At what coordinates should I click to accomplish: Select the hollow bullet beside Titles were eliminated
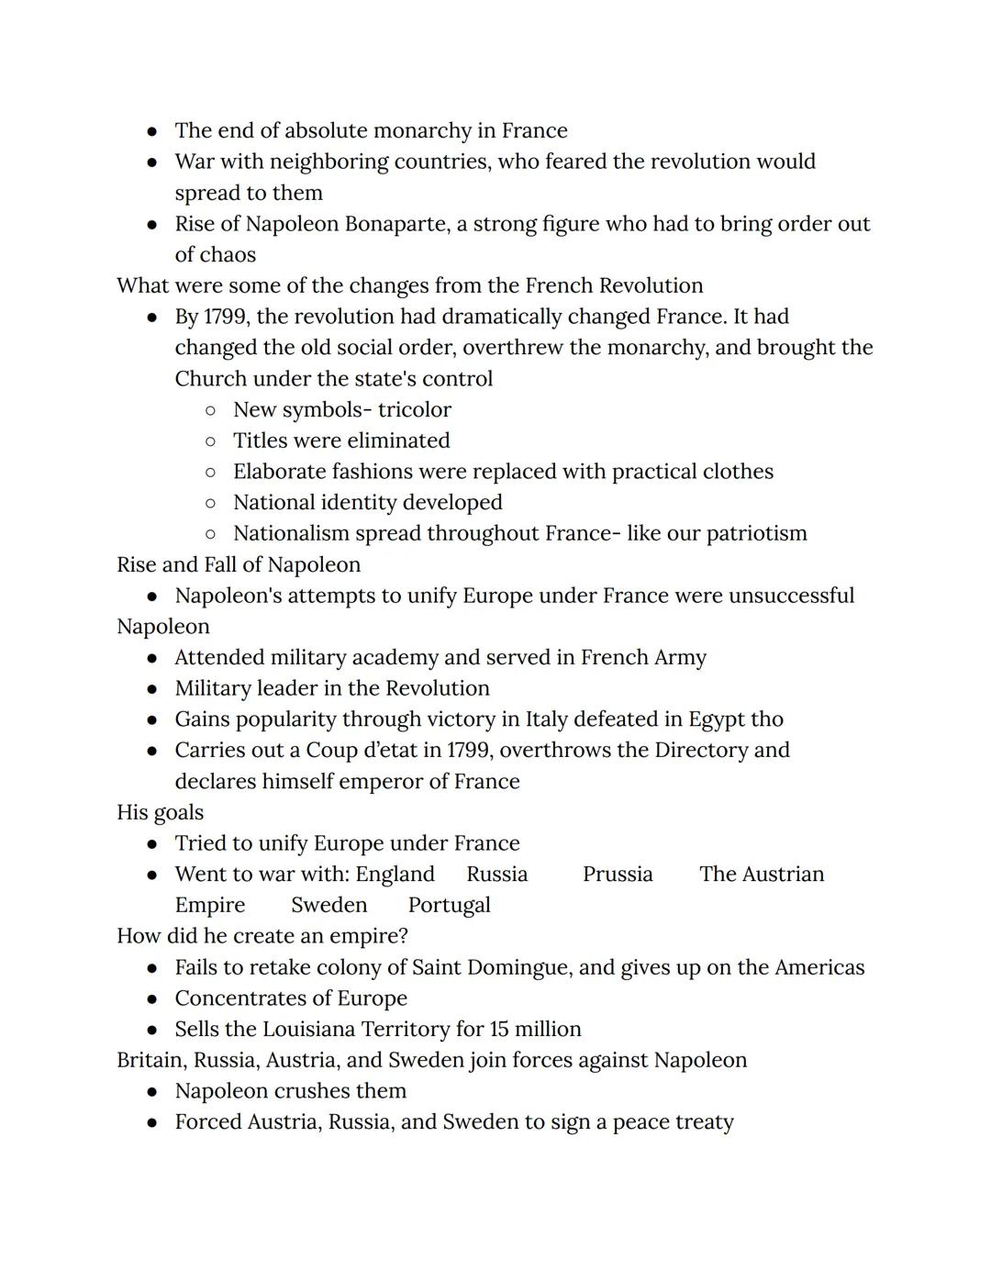pos(211,441)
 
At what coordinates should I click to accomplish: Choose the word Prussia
pos(618,875)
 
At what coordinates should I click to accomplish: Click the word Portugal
pos(450,906)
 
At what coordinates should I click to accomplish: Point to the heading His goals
pos(161,812)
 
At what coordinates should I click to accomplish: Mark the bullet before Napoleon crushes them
pos(152,1092)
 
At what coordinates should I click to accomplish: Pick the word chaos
pos(228,255)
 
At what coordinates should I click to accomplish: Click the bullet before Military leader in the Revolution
pos(152,689)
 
